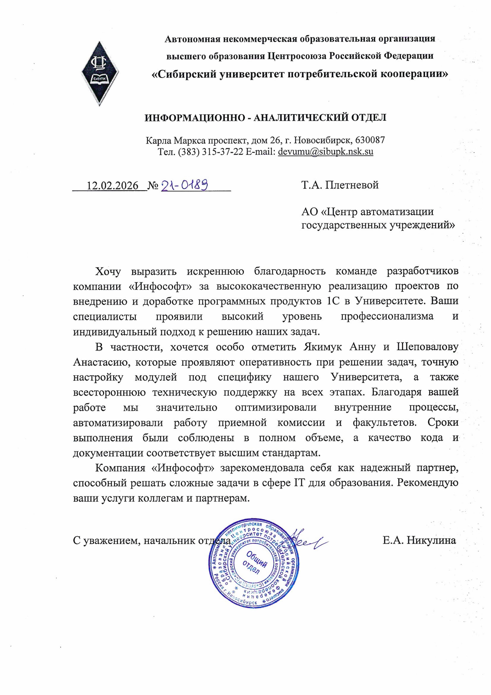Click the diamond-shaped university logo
click(x=100, y=73)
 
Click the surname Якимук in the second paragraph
click(x=323, y=347)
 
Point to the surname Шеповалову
click(x=427, y=347)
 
